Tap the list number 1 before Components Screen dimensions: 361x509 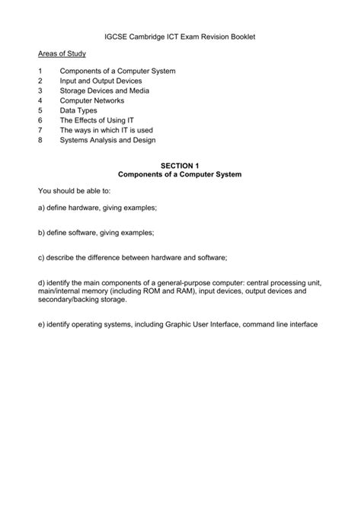[39, 71]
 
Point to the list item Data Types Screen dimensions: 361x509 [78, 110]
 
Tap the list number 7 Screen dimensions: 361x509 [39, 130]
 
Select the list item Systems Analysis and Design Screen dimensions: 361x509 [107, 140]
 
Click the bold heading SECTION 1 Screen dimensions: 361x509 [180, 164]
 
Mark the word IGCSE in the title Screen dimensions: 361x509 [118, 36]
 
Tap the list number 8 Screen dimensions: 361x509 [39, 140]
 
